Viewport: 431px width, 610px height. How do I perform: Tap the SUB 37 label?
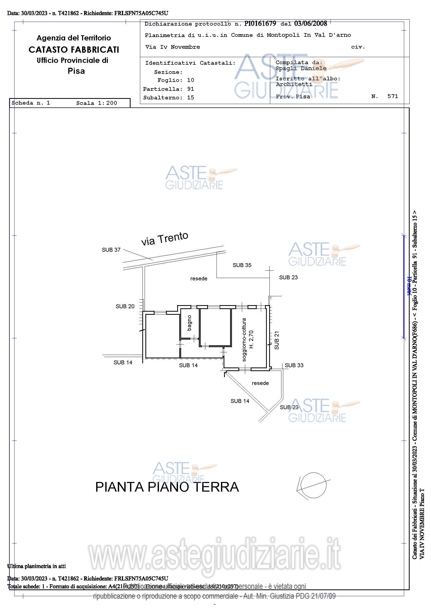click(x=111, y=250)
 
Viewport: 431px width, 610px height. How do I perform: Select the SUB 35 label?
click(x=242, y=265)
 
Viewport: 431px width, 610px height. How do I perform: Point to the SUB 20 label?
click(x=125, y=306)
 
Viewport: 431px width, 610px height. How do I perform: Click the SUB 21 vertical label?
click(x=277, y=340)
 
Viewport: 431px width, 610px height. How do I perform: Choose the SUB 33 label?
click(x=294, y=365)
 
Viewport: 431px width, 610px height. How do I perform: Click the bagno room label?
click(x=189, y=323)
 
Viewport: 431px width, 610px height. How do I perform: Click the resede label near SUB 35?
click(x=199, y=279)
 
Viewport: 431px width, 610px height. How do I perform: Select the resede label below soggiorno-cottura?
click(x=260, y=383)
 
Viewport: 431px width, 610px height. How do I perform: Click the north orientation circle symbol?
click(x=313, y=486)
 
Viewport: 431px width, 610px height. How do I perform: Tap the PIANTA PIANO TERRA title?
click(x=167, y=487)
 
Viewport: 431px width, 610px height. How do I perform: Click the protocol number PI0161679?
click(x=260, y=24)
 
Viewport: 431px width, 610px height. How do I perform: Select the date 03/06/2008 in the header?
click(x=311, y=24)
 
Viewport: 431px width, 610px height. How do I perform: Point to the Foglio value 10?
click(x=190, y=80)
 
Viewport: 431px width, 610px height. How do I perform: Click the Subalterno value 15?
click(x=190, y=98)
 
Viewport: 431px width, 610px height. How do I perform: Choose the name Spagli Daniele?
click(x=301, y=68)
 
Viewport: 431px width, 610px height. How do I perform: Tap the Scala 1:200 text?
click(x=97, y=103)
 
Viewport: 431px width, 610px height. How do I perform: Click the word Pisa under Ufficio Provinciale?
click(x=76, y=71)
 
